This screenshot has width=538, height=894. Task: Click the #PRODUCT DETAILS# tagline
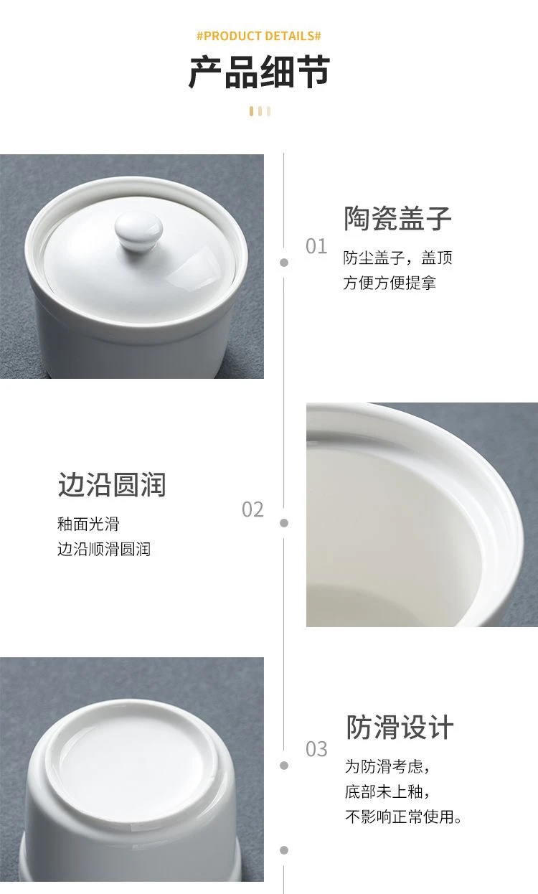(x=259, y=37)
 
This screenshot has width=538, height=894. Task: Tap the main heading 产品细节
(x=259, y=72)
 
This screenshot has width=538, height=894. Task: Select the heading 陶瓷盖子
(x=397, y=218)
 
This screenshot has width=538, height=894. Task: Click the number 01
(x=316, y=246)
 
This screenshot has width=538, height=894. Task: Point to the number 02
(x=253, y=509)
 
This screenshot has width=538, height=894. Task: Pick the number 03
(x=316, y=749)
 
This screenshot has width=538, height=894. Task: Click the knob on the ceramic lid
(x=138, y=231)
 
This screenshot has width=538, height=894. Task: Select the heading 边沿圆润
(x=112, y=484)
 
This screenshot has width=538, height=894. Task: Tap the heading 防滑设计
(x=400, y=727)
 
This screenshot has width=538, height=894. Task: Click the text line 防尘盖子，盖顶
(x=397, y=258)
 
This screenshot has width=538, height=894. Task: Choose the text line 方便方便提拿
(x=390, y=283)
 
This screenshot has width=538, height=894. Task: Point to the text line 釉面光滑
(x=88, y=524)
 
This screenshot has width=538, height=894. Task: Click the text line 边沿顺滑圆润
(x=104, y=549)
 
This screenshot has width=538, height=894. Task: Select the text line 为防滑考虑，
(x=387, y=766)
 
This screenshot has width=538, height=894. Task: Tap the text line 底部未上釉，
(x=387, y=791)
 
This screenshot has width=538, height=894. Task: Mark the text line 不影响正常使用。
(x=403, y=817)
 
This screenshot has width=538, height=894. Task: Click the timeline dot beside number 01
(x=284, y=263)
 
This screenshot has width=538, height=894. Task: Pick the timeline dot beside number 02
(x=284, y=523)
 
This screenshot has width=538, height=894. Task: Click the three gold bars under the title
(x=260, y=111)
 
